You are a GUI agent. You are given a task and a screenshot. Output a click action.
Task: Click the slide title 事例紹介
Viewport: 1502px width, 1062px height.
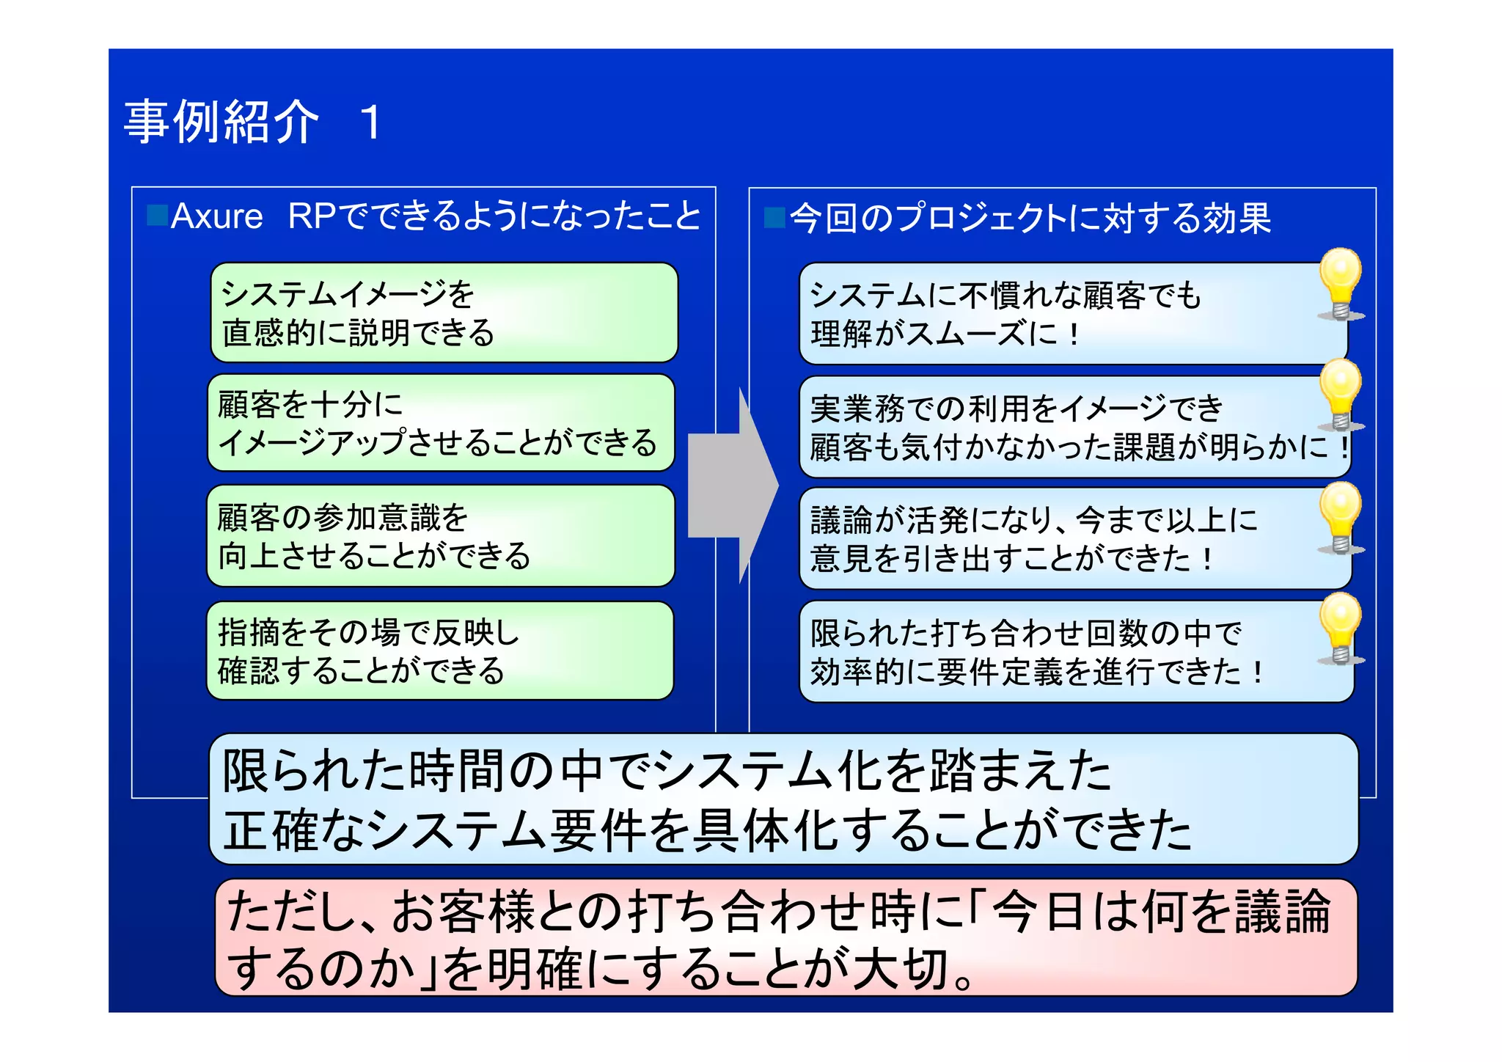[x=221, y=122]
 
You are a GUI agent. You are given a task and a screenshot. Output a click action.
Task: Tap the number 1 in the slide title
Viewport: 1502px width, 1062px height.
[x=371, y=122]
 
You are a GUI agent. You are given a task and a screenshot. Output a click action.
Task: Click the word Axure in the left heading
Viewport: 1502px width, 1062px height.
[x=216, y=216]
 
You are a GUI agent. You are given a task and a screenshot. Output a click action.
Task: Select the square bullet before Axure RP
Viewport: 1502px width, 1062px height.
[x=157, y=215]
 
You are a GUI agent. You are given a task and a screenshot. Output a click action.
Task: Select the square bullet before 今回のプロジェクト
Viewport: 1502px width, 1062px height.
[x=774, y=218]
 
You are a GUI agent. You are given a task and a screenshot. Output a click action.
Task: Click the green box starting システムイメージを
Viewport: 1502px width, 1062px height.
[x=444, y=312]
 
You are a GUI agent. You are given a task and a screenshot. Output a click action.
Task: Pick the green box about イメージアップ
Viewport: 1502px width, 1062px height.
[x=440, y=423]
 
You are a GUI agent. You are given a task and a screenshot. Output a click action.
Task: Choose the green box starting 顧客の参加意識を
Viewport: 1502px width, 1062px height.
[x=440, y=535]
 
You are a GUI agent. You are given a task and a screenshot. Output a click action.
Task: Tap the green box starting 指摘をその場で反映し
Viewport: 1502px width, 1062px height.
[x=440, y=651]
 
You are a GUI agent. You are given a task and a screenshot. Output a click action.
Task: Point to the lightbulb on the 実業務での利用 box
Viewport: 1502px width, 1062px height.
[x=1340, y=395]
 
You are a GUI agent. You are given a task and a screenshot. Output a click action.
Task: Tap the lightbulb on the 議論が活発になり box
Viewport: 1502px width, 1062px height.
[x=1340, y=518]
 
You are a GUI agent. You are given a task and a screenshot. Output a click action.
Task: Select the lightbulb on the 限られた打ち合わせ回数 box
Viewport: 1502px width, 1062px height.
[x=1340, y=629]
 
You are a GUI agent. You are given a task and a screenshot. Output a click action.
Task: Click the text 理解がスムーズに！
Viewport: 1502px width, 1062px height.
[x=945, y=334]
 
